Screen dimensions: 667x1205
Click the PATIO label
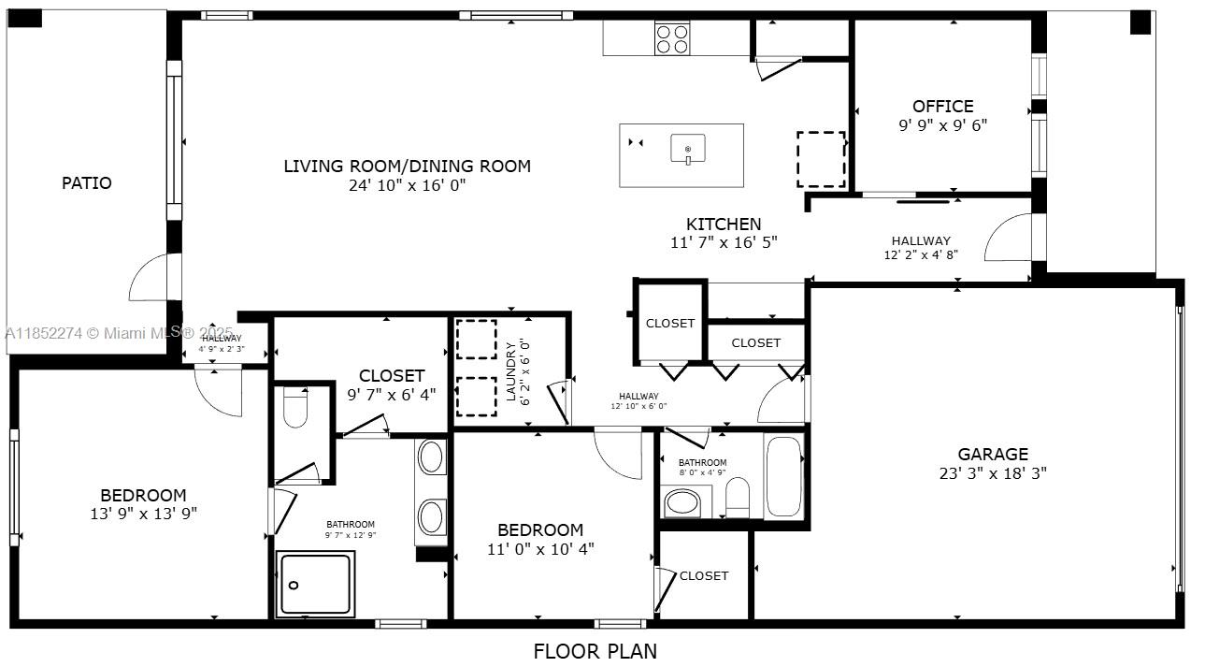(87, 183)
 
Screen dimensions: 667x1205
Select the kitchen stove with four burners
(672, 38)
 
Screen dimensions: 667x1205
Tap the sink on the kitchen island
(688, 150)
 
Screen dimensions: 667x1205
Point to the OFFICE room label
(942, 107)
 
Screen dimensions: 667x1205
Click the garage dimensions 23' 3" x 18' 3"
(992, 473)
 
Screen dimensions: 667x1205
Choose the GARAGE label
(992, 455)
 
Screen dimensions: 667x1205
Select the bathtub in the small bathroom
(783, 476)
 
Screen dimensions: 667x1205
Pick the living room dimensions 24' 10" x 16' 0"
(407, 185)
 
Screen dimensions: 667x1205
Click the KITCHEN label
(724, 225)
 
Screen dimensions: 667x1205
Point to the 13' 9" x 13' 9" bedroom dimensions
(143, 514)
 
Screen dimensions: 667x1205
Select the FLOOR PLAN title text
(595, 651)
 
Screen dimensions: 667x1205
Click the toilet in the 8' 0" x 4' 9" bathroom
(738, 498)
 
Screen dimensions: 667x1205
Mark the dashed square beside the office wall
(821, 159)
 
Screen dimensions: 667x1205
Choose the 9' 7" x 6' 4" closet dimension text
(392, 395)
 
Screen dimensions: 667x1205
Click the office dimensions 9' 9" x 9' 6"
(942, 125)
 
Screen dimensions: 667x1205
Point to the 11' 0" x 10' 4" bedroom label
(540, 540)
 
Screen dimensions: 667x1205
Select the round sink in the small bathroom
(681, 503)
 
